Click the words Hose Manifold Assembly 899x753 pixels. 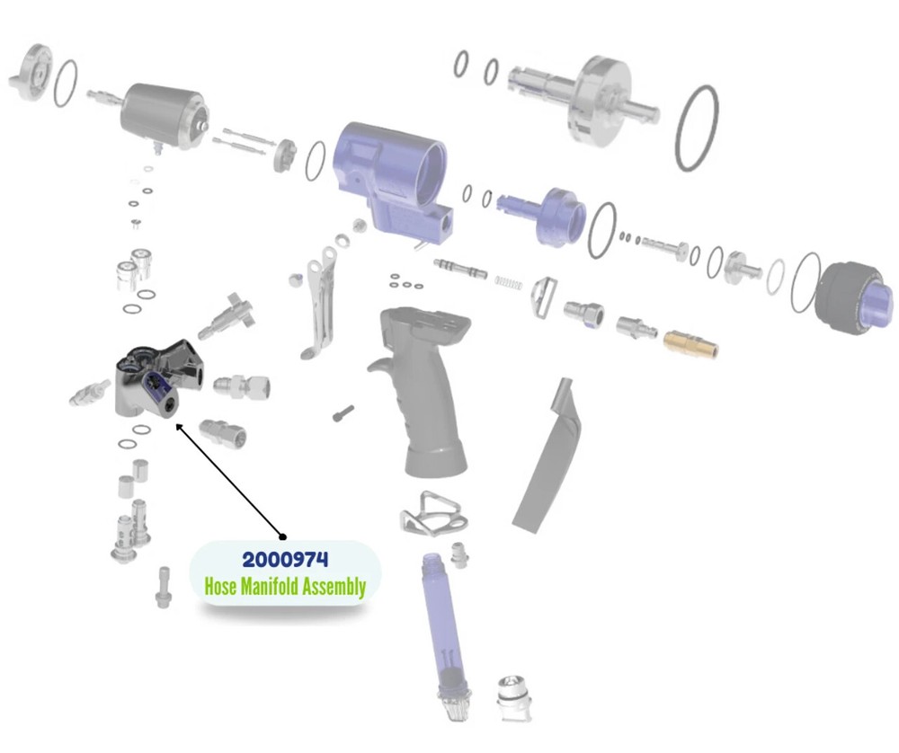tap(286, 588)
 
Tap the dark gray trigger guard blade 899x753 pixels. tap(549, 458)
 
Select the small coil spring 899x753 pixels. tap(508, 283)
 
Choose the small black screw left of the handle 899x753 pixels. tap(343, 412)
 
